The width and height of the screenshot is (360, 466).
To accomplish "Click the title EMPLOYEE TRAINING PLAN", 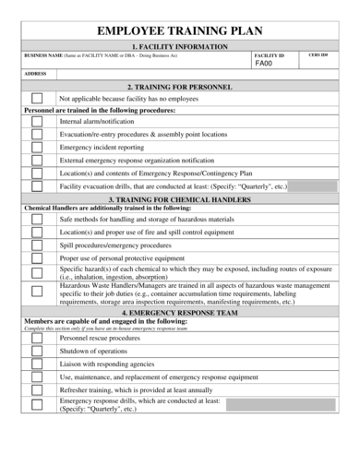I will [180, 31].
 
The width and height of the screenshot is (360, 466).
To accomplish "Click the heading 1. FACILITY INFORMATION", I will [180, 45].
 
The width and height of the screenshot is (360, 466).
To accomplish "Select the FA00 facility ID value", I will [263, 65].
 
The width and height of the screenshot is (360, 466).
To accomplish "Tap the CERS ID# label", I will [318, 55].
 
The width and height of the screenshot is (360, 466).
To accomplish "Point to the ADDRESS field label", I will [36, 74].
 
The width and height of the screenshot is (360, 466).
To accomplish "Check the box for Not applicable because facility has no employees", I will [36, 97].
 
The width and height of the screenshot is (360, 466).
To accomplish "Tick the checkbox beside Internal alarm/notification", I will [36, 121].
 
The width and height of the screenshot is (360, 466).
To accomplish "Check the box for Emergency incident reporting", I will [36, 147].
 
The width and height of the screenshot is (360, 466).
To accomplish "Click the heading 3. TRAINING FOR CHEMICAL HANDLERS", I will [180, 198].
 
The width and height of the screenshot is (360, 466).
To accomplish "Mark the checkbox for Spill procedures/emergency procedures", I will [36, 245].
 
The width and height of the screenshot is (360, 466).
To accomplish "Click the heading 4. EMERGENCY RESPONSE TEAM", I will [180, 313].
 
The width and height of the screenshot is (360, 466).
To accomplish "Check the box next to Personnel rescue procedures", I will [36, 339].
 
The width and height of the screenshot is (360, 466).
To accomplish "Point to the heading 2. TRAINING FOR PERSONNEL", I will [180, 86].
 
